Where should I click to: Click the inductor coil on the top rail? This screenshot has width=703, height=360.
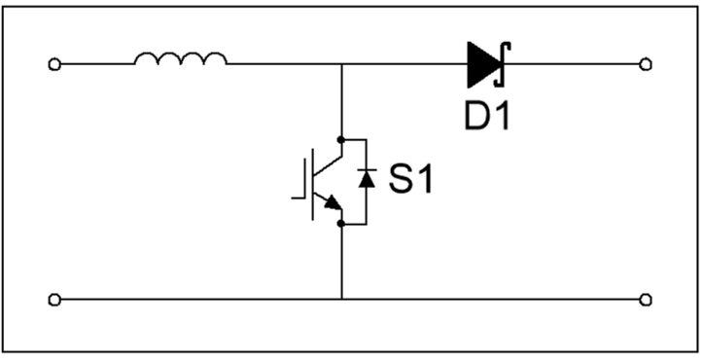pos(180,60)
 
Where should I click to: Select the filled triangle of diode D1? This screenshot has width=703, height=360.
pos(483,64)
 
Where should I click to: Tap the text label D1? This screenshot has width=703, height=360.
pos(486,117)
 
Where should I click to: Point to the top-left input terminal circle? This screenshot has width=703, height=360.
pos(54,64)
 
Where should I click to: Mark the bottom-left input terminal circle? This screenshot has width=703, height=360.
pos(54,299)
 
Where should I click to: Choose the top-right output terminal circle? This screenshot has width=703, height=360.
pos(645,64)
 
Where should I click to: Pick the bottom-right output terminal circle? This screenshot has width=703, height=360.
pos(645,299)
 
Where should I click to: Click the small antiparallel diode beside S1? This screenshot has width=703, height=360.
pos(366,178)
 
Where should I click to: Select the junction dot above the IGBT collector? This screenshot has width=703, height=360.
pos(341,139)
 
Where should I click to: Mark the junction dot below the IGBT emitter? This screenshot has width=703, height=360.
pos(341,223)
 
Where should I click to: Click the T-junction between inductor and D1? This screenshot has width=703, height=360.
pos(341,64)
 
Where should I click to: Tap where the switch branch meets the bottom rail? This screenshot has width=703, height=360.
pos(341,299)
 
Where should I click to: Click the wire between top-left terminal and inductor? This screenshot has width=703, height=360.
pos(95,64)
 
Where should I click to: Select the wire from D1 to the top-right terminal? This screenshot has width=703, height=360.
pos(574,64)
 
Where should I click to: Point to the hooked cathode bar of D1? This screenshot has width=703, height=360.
pos(504,64)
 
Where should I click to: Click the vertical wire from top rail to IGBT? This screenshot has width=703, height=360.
pos(341,101)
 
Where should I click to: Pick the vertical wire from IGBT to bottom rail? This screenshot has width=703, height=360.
pos(341,261)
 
